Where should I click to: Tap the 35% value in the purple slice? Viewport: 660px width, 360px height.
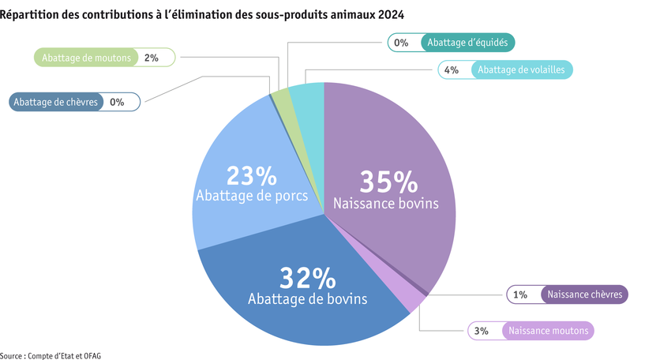pos(388,182)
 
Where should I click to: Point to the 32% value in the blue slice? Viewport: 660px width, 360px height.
pos(307,278)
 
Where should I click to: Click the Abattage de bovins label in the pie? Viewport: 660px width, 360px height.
pos(307,299)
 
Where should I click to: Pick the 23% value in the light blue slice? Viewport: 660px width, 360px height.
pos(251,175)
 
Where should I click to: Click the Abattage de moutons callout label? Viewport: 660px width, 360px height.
pos(87,58)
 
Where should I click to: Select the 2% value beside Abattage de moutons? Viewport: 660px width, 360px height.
pos(152,58)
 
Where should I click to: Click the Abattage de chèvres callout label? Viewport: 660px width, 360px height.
pos(56,102)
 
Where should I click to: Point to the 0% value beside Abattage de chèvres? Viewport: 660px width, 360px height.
pos(117,102)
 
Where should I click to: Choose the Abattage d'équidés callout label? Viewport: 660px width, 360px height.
pos(469,43)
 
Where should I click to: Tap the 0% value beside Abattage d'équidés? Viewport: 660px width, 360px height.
pos(401,43)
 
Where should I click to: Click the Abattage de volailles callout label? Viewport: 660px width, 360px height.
pos(521,69)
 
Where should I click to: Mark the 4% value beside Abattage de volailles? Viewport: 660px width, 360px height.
pos(452,69)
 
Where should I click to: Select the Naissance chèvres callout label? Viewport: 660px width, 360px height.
pos(585,294)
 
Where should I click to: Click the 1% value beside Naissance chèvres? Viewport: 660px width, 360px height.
pos(519,294)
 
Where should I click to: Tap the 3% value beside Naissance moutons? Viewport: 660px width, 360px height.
pos(482,331)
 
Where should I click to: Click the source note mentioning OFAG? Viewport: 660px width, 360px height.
pos(51,355)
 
